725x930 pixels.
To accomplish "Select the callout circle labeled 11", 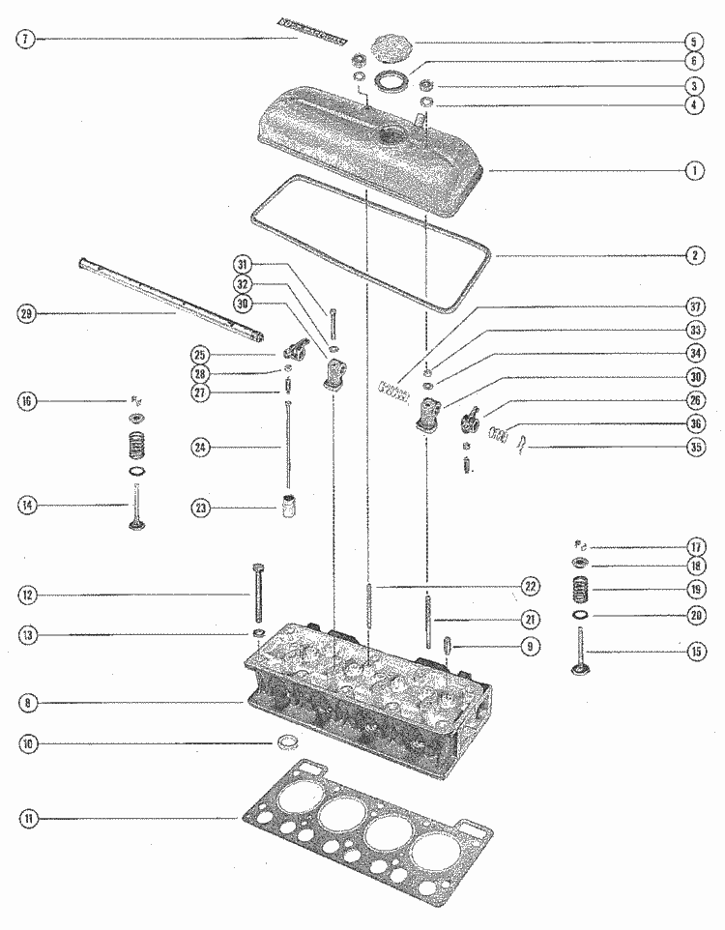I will [x=29, y=819].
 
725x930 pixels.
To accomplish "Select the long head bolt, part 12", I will [x=258, y=595].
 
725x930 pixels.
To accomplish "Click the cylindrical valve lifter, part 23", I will [x=288, y=507].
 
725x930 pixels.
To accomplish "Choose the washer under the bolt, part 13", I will [x=258, y=633].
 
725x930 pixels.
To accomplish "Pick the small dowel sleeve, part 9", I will [x=449, y=645].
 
